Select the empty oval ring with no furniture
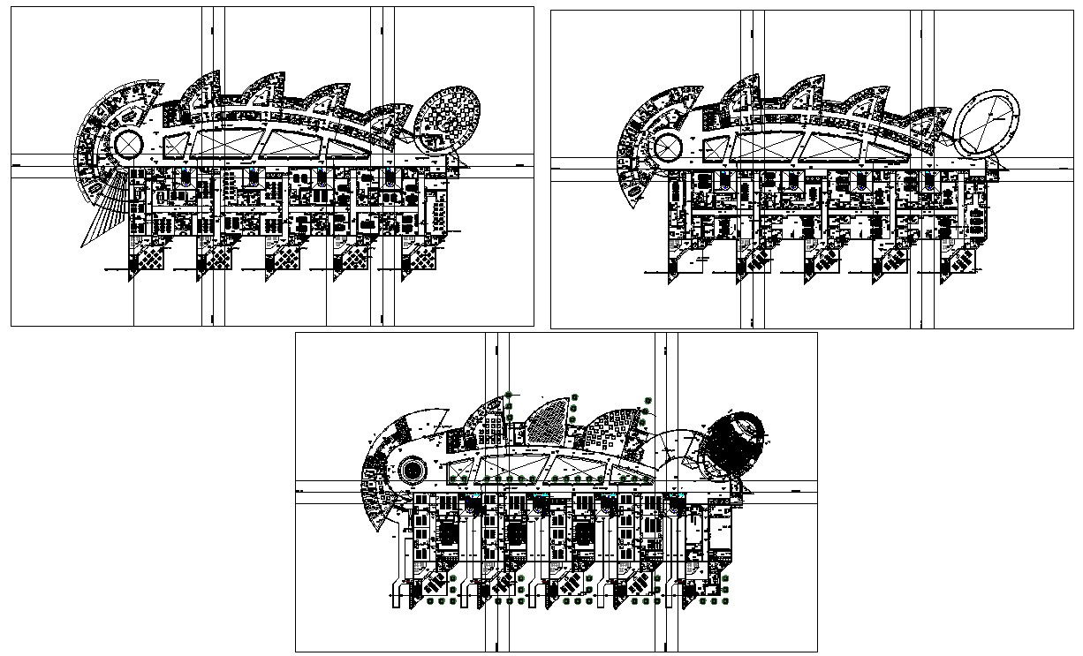988,120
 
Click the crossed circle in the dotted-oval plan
129,144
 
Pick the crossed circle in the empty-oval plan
667,147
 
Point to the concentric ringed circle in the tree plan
412,470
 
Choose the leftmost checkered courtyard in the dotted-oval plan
148,259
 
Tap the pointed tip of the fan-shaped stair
83,245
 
